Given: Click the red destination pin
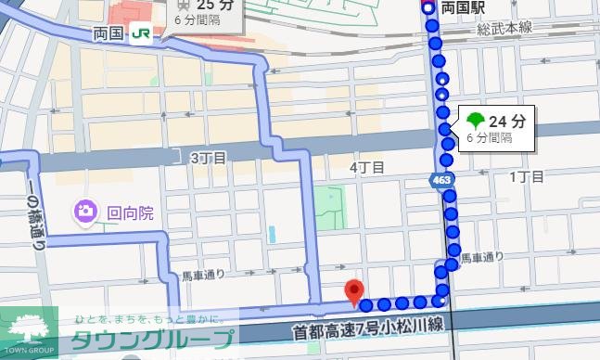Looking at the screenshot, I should pyautogui.click(x=353, y=290).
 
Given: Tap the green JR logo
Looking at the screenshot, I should pyautogui.click(x=141, y=33).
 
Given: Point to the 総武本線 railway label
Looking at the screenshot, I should pyautogui.click(x=505, y=30).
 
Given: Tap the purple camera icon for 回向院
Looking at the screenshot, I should pyautogui.click(x=85, y=212).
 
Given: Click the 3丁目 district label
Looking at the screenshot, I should pyautogui.click(x=208, y=158).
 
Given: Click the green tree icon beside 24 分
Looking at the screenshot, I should pyautogui.click(x=475, y=121).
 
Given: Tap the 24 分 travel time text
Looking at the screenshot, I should pyautogui.click(x=507, y=121).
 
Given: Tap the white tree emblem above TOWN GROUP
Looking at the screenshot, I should pyautogui.click(x=29, y=328).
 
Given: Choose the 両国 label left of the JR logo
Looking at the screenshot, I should pyautogui.click(x=109, y=33).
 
